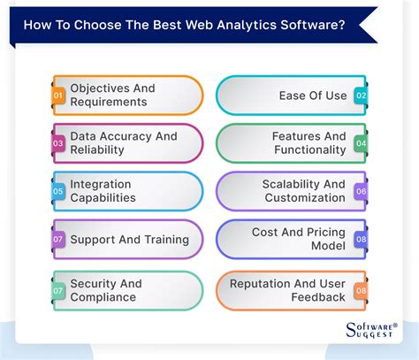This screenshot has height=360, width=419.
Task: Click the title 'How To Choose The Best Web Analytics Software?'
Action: coord(187,25)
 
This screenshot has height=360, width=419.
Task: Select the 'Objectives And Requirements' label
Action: coord(112,95)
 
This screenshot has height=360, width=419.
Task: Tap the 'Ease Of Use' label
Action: coord(312,96)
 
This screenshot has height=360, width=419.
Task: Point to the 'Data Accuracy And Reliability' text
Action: coord(123,143)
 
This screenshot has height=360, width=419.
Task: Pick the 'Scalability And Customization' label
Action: coord(303,191)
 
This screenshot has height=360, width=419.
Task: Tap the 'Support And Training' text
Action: coord(129,240)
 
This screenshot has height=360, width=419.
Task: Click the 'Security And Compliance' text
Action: coord(106,290)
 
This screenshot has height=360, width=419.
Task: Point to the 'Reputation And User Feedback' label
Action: coord(287,290)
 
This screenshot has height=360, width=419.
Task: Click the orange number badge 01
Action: coord(58,96)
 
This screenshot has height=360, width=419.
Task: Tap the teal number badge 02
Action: coord(361,96)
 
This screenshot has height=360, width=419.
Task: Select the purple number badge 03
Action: coord(58,143)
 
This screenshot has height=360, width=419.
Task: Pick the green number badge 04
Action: coord(361,143)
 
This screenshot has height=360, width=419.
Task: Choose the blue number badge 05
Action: coord(58,191)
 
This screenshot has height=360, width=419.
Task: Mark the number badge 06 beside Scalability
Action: coord(361,191)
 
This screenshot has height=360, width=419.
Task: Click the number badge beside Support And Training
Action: coord(58,240)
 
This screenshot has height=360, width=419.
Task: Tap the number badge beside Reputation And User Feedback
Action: coord(361,290)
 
